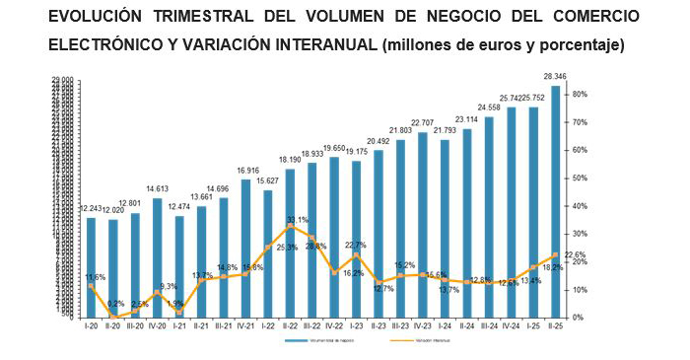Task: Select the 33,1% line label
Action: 297,220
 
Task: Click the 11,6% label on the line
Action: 96,277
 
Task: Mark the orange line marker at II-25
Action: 555,254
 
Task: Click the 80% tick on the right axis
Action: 581,95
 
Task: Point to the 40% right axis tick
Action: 581,206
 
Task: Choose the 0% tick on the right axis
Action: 579,318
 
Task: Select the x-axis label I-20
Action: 91,325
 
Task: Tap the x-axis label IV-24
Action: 512,325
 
